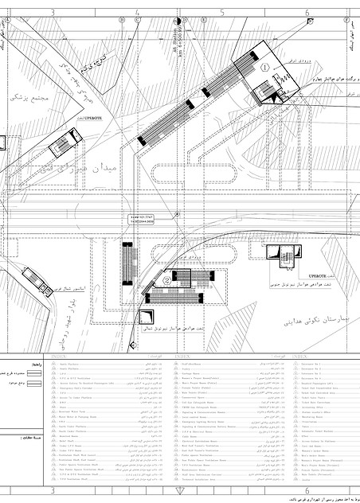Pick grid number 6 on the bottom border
coord(307,492)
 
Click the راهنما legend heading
coord(25,363)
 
